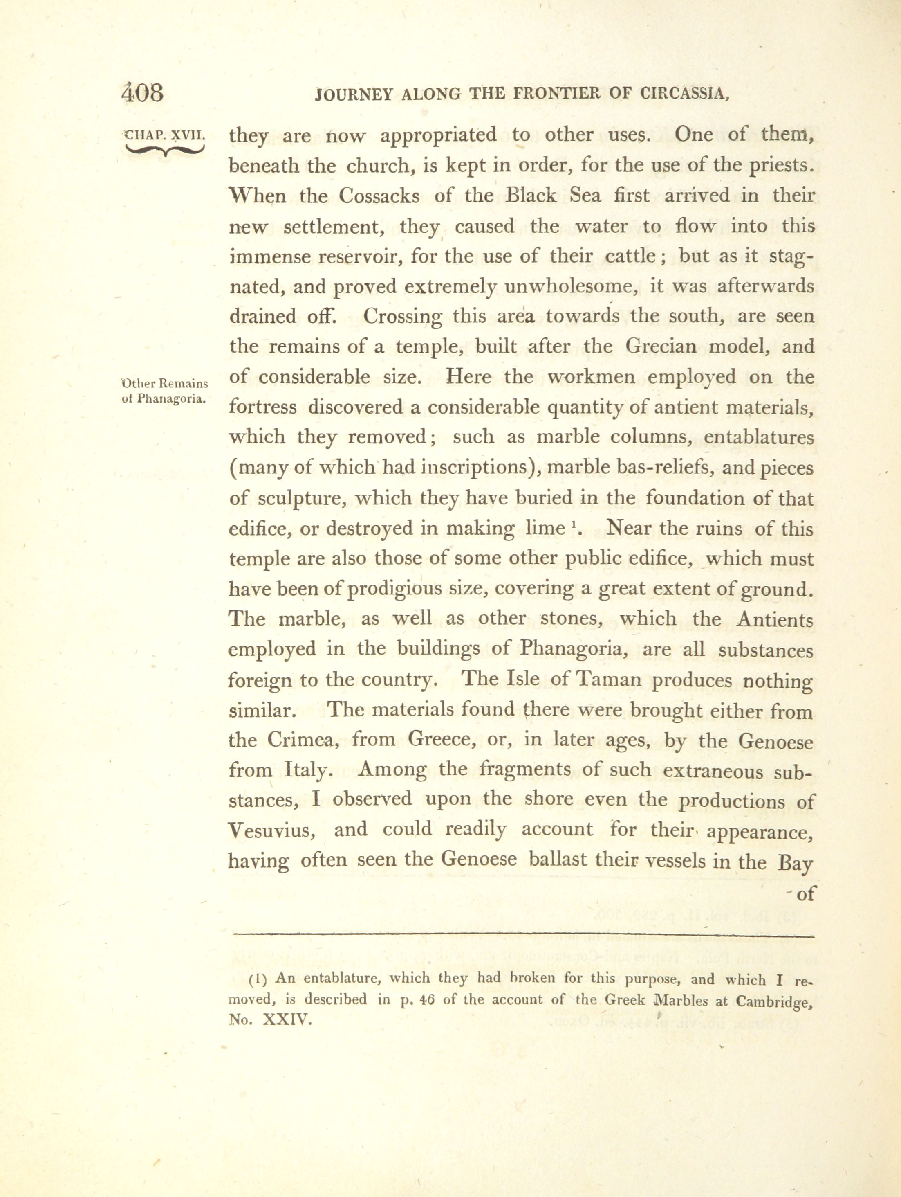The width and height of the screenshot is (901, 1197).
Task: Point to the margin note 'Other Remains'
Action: (x=165, y=384)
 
